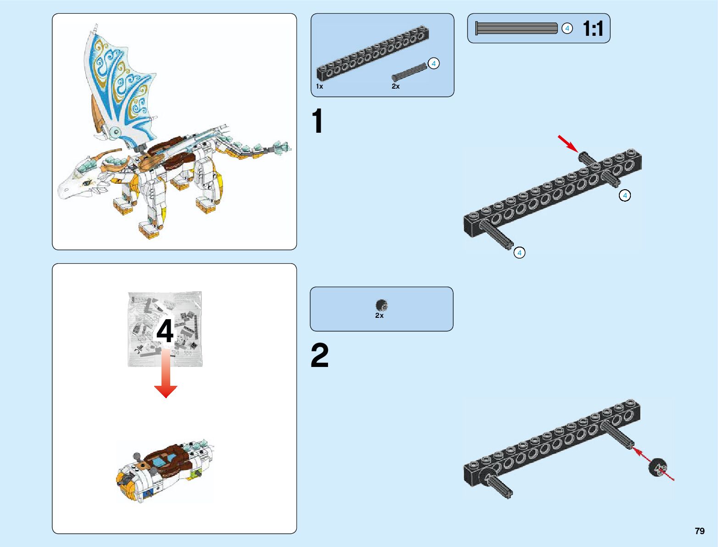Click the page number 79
point(699,531)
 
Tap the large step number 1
point(317,121)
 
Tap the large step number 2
point(320,355)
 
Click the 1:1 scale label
point(593,28)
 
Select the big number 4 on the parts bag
point(165,331)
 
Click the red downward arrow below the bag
point(166,374)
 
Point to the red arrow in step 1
point(567,143)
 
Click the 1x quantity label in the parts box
point(319,86)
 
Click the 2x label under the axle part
point(395,86)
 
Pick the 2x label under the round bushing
point(379,316)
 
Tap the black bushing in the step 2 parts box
point(381,305)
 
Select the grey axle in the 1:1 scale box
point(516,28)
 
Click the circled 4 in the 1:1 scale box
point(567,28)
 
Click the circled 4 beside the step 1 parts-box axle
point(433,64)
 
